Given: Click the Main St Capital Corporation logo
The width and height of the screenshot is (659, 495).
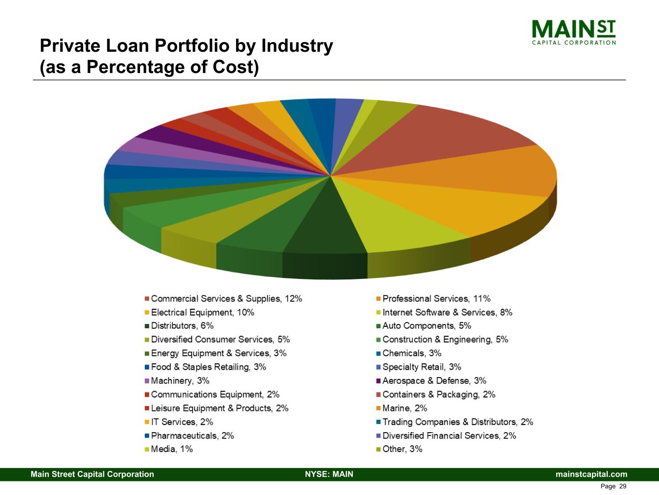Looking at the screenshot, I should click(574, 32).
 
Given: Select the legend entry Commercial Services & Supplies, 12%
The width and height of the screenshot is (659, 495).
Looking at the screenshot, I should click(226, 299).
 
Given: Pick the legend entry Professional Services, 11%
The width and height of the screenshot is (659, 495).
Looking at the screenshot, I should click(436, 299).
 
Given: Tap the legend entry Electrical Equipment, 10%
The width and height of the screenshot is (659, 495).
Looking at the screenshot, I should click(202, 312).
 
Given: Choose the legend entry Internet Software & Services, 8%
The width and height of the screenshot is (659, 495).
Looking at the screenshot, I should click(447, 312).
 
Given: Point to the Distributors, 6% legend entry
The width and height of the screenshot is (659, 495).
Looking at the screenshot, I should click(182, 326).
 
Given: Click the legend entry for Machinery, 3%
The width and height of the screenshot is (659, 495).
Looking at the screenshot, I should click(180, 381).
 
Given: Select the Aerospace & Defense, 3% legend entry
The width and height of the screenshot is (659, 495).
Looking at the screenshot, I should click(434, 381).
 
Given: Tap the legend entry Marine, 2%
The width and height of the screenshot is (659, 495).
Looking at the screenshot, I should click(405, 408).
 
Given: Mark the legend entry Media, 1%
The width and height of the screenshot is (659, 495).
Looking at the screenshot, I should click(171, 449).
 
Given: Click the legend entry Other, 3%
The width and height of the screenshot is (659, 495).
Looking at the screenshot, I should click(402, 449).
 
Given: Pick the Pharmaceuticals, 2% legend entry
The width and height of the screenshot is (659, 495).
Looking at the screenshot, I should click(192, 436).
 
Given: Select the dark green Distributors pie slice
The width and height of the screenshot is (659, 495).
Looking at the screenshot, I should click(328, 222).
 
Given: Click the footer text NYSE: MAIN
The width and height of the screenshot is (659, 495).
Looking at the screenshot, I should click(329, 474).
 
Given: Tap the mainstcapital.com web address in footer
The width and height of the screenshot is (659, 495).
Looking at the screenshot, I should click(591, 474).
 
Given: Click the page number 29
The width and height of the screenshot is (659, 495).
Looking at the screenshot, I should click(622, 486).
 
